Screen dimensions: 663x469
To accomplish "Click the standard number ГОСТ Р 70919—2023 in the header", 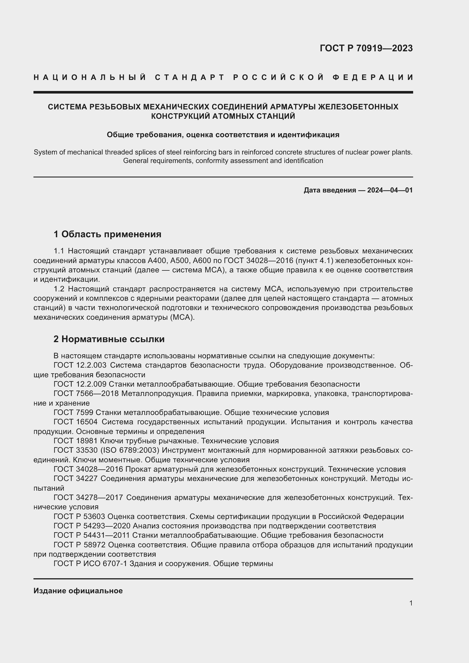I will click(x=366, y=48).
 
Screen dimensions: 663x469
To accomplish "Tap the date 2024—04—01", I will click(x=390, y=190).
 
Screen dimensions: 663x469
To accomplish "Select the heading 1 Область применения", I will click(x=107, y=234).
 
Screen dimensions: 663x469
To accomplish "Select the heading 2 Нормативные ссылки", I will click(x=109, y=339).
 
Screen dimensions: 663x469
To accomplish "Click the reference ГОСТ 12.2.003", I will click(x=80, y=365).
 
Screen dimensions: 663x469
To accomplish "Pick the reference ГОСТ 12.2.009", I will click(x=80, y=384).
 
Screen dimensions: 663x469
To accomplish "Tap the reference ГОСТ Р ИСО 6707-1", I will click(x=90, y=564).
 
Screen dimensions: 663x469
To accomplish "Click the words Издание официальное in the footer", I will click(x=78, y=591).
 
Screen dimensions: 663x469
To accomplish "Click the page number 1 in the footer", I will click(x=411, y=603).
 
